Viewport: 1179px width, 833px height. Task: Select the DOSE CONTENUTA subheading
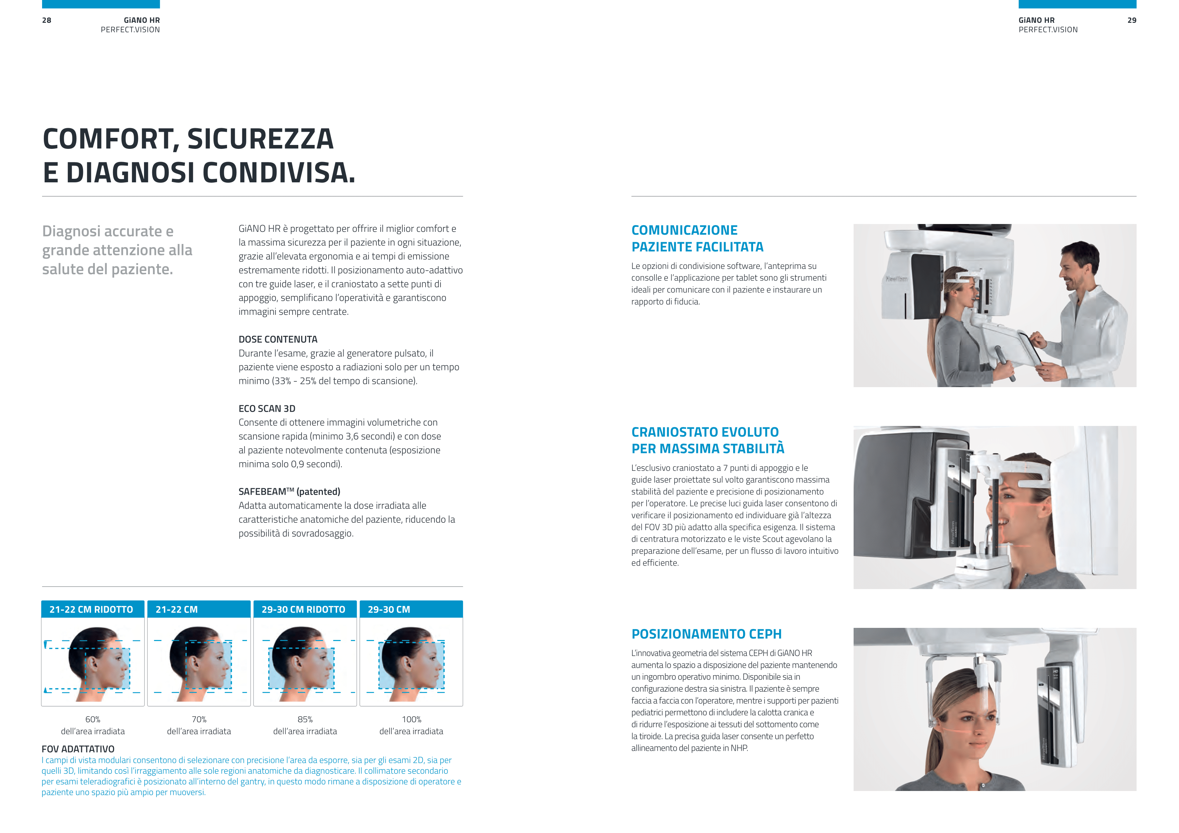[278, 339]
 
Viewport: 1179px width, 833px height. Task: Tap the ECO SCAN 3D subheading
[267, 408]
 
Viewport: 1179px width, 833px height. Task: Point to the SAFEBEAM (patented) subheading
[289, 492]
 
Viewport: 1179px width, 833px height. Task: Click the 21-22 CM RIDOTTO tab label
[91, 610]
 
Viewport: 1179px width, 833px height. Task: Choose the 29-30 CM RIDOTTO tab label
[303, 610]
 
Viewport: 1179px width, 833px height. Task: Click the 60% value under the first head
[93, 720]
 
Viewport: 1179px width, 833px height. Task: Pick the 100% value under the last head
[411, 720]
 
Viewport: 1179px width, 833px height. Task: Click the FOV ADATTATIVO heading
[78, 749]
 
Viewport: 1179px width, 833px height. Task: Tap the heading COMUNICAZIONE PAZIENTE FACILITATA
[697, 239]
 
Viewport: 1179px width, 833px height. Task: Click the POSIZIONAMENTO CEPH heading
[706, 634]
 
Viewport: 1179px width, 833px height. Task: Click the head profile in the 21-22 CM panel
[200, 663]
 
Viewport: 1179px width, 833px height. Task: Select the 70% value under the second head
[199, 720]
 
